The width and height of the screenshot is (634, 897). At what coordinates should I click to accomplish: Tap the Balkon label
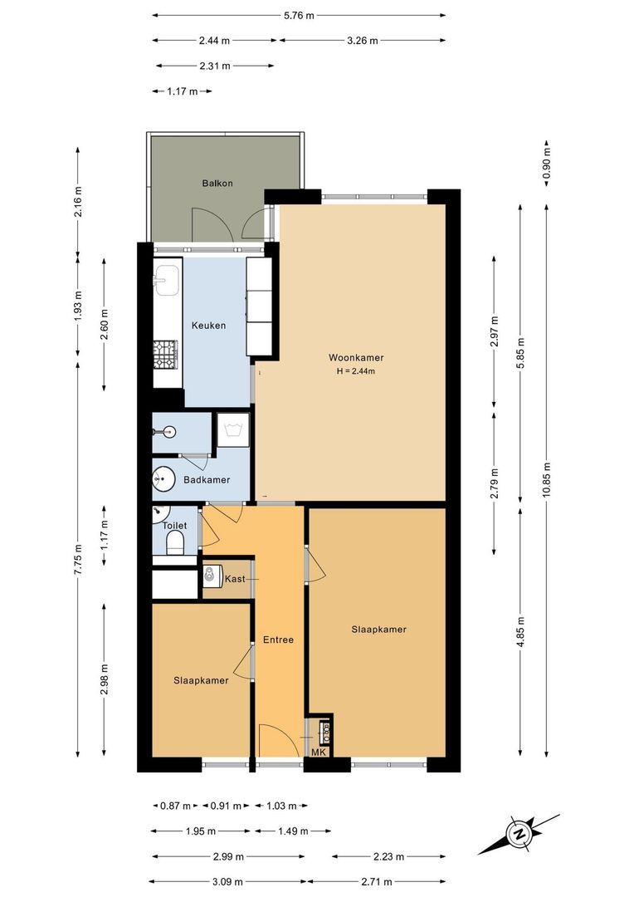click(x=217, y=183)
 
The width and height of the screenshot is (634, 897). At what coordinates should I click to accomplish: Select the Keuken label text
click(x=208, y=326)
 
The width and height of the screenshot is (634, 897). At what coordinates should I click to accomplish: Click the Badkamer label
click(x=207, y=480)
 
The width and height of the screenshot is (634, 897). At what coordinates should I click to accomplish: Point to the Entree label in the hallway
click(x=278, y=640)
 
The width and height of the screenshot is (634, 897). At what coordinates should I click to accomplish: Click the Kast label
click(x=236, y=578)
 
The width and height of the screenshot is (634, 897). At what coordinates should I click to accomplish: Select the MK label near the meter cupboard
click(x=319, y=752)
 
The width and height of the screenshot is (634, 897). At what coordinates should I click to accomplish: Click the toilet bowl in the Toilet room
click(x=175, y=543)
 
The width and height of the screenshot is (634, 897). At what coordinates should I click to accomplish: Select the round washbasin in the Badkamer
click(x=163, y=479)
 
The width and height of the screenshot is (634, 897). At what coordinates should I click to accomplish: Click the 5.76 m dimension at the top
click(x=299, y=15)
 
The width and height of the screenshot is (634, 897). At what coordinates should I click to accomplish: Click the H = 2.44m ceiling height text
click(x=354, y=371)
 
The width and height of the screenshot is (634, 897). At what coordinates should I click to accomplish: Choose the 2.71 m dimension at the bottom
click(x=378, y=882)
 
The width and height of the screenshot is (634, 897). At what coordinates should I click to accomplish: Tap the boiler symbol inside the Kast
click(x=212, y=575)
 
